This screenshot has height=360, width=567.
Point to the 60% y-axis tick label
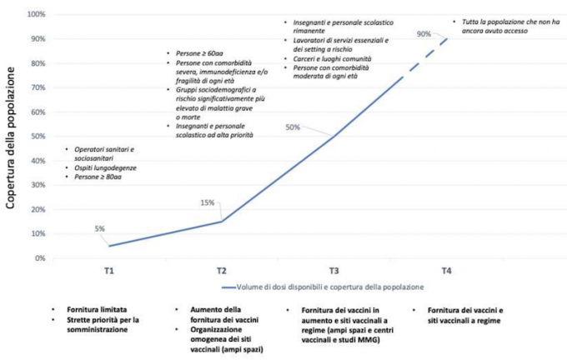click(38, 112)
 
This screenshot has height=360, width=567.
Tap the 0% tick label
click(40, 258)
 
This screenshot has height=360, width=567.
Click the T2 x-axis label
click(222, 272)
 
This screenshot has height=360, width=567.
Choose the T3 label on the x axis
click(334, 272)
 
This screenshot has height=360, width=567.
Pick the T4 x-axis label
click(446, 272)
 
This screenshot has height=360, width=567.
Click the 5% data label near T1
click(99, 228)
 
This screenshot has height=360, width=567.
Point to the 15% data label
click(207, 202)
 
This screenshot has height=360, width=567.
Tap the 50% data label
click(293, 127)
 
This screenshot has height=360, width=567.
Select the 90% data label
click(424, 34)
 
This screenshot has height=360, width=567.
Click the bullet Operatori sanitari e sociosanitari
click(103, 154)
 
